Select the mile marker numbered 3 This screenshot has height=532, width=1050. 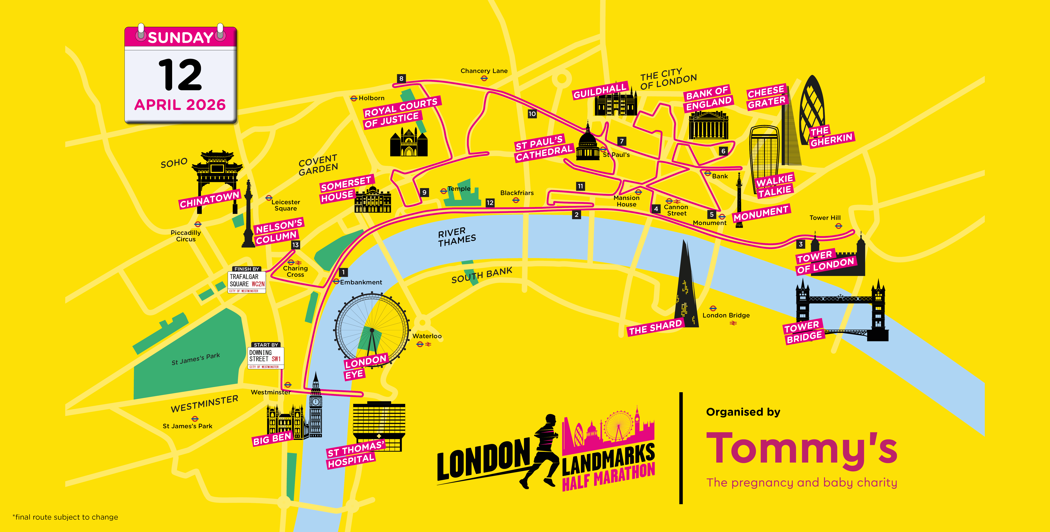(x=801, y=244)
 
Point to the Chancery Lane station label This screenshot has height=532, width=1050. (x=484, y=71)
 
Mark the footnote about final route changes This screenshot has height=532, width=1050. (x=65, y=517)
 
